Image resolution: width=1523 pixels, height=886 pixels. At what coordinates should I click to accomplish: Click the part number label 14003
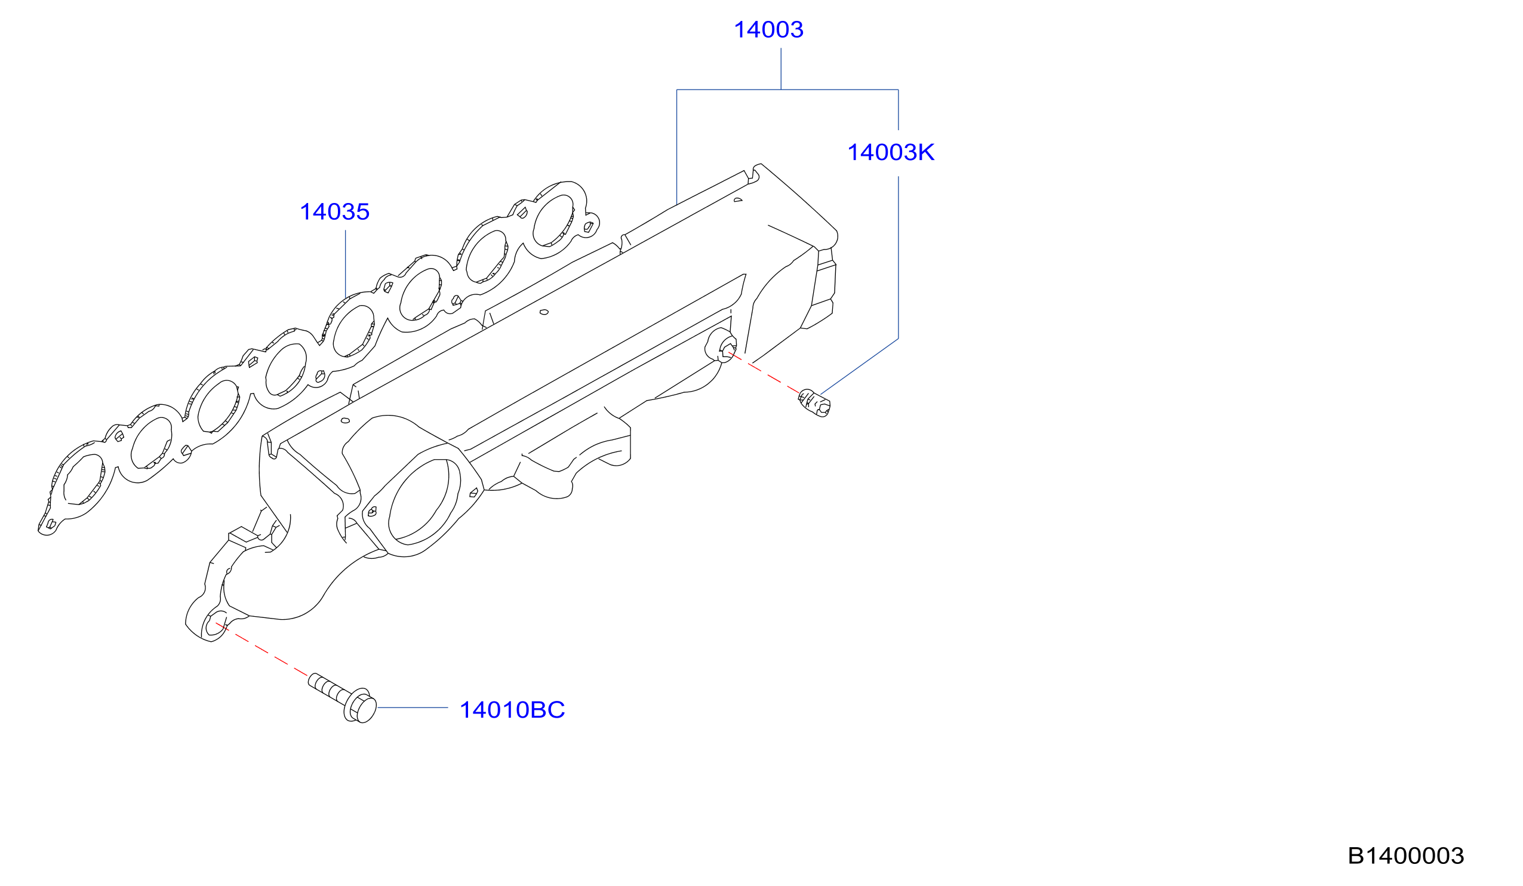pyautogui.click(x=768, y=30)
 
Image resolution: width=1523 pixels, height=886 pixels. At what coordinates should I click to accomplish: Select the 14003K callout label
pyautogui.click(x=891, y=152)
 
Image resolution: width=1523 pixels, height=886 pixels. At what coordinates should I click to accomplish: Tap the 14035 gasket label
pyautogui.click(x=334, y=212)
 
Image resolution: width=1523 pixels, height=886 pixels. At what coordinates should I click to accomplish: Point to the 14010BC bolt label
pyautogui.click(x=512, y=710)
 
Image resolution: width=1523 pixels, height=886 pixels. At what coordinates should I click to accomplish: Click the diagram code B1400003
pyautogui.click(x=1406, y=856)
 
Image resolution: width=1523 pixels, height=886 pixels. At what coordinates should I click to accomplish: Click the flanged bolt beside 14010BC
pyautogui.click(x=343, y=699)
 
